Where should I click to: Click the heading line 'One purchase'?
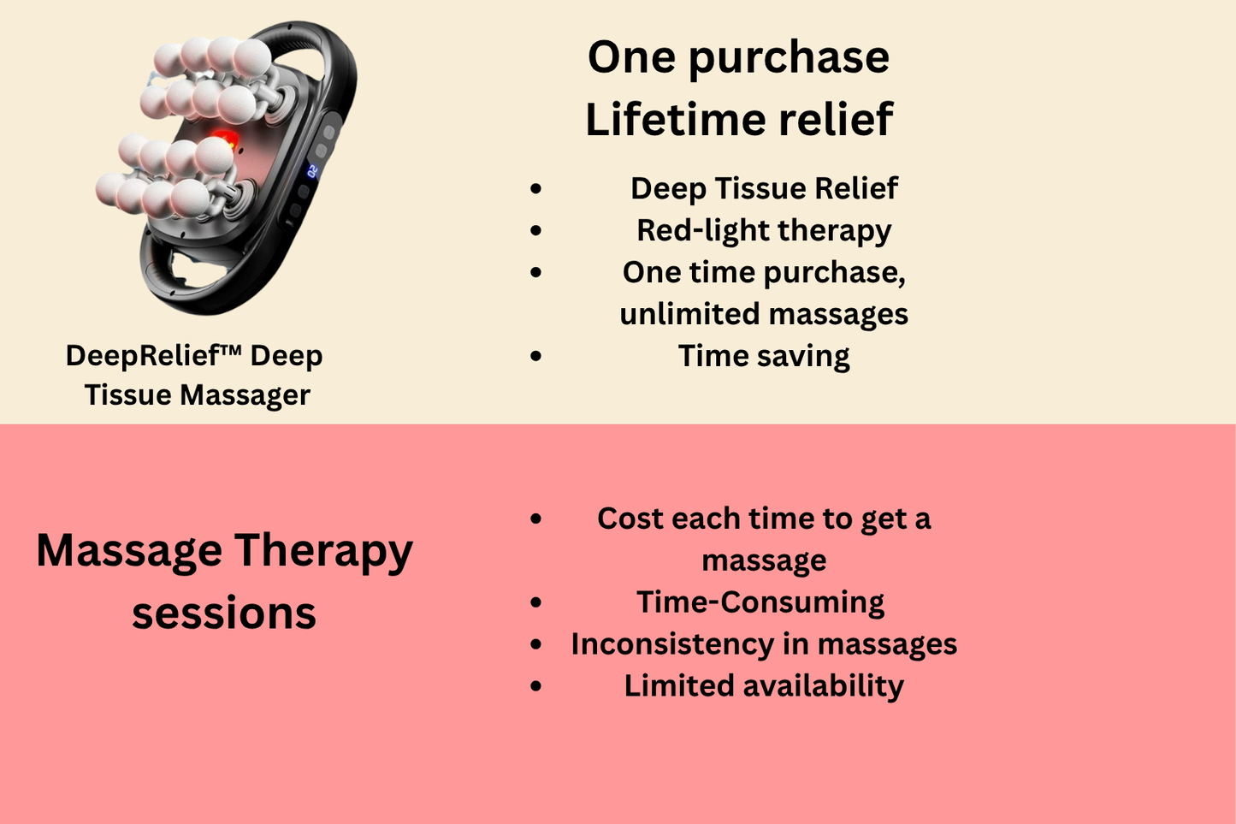click(x=738, y=58)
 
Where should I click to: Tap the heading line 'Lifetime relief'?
click(x=739, y=120)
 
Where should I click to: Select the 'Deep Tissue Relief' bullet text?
click(x=764, y=188)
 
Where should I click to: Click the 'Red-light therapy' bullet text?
click(x=764, y=230)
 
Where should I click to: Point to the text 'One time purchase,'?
click(x=764, y=272)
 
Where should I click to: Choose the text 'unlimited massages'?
click(x=764, y=314)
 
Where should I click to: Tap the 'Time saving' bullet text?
click(x=764, y=356)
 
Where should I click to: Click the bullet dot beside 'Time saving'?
click(x=536, y=356)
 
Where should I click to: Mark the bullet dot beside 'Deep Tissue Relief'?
click(x=536, y=188)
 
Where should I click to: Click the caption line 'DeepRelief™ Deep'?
click(x=194, y=356)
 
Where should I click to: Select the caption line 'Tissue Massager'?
click(x=197, y=395)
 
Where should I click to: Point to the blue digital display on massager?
click(x=311, y=171)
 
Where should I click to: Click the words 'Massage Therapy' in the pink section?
click(x=224, y=551)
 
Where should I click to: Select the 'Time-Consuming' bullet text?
click(x=760, y=602)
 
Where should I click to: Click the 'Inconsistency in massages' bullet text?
click(x=764, y=644)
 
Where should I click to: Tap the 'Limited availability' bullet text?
click(x=764, y=686)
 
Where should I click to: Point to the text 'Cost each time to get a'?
click(x=764, y=519)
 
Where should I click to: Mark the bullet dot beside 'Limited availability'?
click(x=536, y=686)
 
